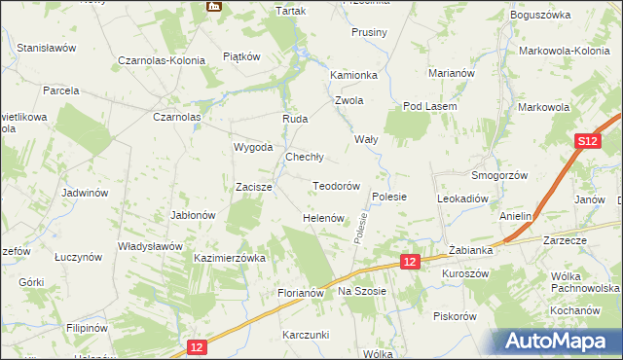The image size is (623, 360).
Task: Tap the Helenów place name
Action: pyautogui.click(x=323, y=218)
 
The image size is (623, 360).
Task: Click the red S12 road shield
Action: pyautogui.click(x=584, y=142)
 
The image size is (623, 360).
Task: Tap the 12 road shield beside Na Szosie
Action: pyautogui.click(x=410, y=262)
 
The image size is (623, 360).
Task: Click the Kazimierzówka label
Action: pyautogui.click(x=230, y=259)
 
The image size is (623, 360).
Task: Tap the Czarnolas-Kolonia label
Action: pyautogui.click(x=162, y=60)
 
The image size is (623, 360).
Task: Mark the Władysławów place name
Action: pyautogui.click(x=150, y=246)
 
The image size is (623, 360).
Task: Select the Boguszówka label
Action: pyautogui.click(x=538, y=16)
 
